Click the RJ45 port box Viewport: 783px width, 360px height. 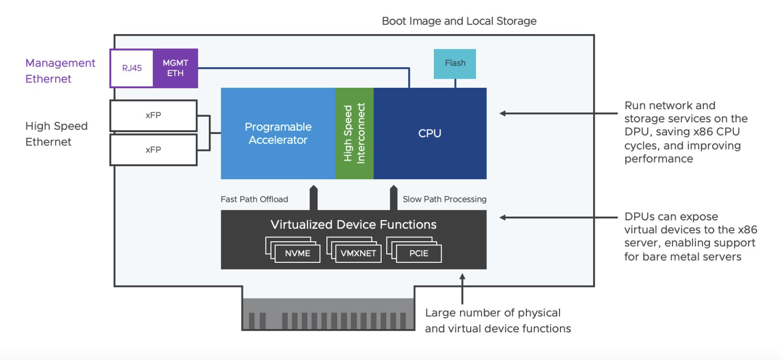pyautogui.click(x=132, y=68)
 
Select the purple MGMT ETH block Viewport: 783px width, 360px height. pyautogui.click(x=176, y=68)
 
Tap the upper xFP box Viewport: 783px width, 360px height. pyautogui.click(x=153, y=116)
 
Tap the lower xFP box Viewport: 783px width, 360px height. pyautogui.click(x=153, y=150)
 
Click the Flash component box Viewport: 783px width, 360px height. pyautogui.click(x=455, y=64)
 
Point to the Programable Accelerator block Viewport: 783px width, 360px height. pyautogui.click(x=278, y=133)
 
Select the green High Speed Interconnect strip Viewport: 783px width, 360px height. pyautogui.click(x=354, y=133)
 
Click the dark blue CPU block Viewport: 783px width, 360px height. pyautogui.click(x=430, y=133)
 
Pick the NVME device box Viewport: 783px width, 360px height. pyautogui.click(x=297, y=253)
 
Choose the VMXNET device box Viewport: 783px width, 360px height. pyautogui.click(x=358, y=253)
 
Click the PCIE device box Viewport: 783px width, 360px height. pyautogui.click(x=419, y=253)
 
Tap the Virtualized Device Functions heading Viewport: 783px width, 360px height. pyautogui.click(x=353, y=224)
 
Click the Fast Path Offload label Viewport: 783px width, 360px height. pyautogui.click(x=254, y=199)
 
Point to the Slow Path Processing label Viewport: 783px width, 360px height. pyautogui.click(x=444, y=199)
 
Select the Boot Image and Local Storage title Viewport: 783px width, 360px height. pyautogui.click(x=459, y=21)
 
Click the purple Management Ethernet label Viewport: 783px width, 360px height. pyautogui.click(x=60, y=71)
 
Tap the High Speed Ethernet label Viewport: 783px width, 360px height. pyautogui.click(x=56, y=134)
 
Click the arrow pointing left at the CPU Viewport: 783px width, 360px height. pyautogui.click(x=559, y=113)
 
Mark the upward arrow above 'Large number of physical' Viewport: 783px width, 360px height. pyautogui.click(x=462, y=289)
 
